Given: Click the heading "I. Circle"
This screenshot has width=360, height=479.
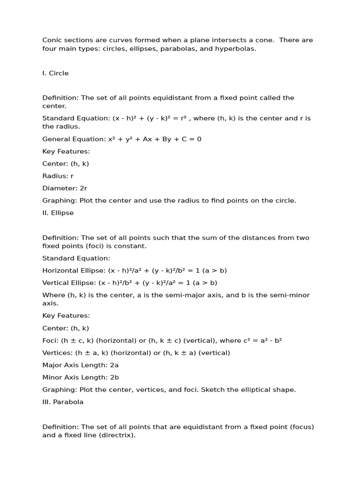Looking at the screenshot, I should pos(55,73).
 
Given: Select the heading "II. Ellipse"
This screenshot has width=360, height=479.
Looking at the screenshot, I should pos(58,213).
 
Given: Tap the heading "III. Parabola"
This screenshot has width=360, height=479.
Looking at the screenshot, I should pos(63,402).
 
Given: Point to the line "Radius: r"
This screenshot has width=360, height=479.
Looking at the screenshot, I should pos(58,176).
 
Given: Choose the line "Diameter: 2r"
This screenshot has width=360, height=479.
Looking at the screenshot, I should pos(65,188).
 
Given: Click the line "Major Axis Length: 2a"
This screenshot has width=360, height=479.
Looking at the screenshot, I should pos(80,365).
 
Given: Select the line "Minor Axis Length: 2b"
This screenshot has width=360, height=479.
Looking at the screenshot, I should pos(80,377).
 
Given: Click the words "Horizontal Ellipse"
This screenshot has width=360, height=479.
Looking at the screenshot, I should pos(73,270).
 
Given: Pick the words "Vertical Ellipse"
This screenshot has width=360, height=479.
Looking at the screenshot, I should pos(68,283).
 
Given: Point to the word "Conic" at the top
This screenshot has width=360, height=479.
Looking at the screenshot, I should pos(52,40).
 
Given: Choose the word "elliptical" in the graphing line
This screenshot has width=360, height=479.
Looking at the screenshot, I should pos(247,390).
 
